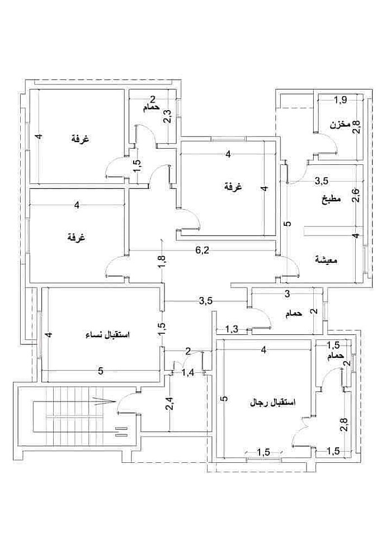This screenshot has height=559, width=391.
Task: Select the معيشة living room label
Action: coord(326,260)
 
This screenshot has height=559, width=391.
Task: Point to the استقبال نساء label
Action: coord(109,335)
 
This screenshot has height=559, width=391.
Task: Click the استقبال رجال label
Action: coord(272,403)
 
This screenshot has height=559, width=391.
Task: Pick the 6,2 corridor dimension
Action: coord(201,250)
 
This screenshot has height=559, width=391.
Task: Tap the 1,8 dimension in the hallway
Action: coord(162,262)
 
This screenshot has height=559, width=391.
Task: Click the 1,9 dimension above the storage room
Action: coord(340,100)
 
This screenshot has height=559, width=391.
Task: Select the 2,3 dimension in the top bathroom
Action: coord(167,116)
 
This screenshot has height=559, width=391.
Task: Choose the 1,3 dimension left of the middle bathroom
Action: coord(232,329)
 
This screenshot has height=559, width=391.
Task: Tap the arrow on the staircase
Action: coord(105,401)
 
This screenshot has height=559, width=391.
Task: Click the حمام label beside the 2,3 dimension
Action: coord(151,108)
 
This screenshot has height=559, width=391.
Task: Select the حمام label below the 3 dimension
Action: coord(294,314)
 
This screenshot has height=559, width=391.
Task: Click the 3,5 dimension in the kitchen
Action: coord(322,181)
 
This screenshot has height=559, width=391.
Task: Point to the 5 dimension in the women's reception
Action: coord(101,371)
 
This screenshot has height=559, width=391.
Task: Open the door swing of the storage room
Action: coord(329,143)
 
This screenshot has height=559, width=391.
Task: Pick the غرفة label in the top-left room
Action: coord(80,138)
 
